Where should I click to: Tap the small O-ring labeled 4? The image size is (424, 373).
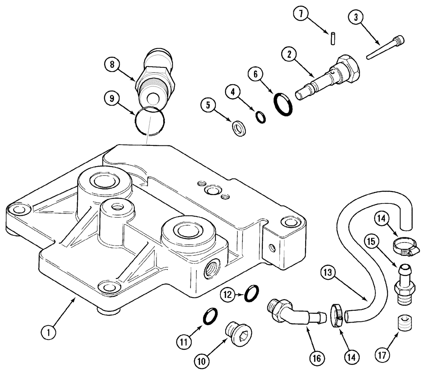pos(261,117)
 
